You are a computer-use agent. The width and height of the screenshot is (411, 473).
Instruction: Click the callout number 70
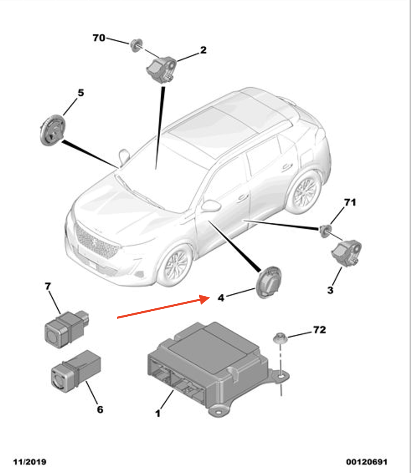coord(99,38)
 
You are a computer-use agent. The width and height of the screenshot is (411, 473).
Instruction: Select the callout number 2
coord(203,51)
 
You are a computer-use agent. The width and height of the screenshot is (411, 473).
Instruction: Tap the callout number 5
coord(80,93)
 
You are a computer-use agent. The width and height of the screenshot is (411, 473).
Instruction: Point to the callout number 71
coord(350,203)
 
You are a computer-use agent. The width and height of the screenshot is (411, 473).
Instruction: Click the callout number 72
coord(319,330)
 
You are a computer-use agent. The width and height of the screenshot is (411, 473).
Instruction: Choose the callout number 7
coord(48,287)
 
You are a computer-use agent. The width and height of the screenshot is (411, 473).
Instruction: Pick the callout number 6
coord(100,409)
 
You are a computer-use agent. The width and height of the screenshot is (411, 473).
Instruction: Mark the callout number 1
coord(158,414)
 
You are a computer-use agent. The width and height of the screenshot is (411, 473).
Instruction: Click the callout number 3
coord(330,290)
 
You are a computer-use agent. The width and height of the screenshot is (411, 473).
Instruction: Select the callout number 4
coord(221,298)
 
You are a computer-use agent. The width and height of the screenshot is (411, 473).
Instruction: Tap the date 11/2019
coord(30,462)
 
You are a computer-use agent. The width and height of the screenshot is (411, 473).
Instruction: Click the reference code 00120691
coord(367,462)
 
